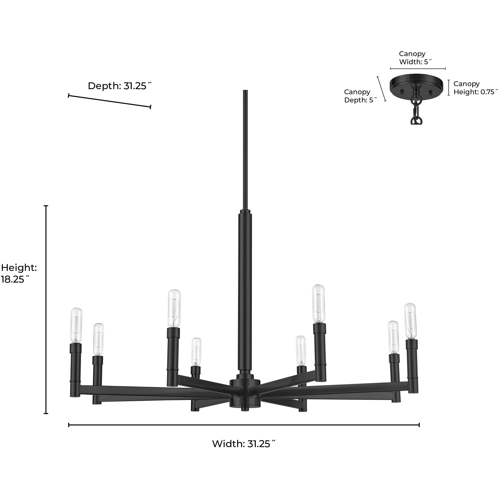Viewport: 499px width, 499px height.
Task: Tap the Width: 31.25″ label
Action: point(243,444)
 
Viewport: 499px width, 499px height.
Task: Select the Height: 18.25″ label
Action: point(19,273)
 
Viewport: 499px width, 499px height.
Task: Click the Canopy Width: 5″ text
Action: point(415,58)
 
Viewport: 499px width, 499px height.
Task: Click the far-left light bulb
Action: point(76,326)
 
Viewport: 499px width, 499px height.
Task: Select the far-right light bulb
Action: point(410,321)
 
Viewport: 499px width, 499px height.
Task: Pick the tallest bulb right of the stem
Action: point(318,303)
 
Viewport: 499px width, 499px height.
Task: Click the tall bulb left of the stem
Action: point(174,308)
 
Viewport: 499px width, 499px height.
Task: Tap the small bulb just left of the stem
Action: point(196,352)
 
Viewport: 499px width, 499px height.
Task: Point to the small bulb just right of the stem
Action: point(300,350)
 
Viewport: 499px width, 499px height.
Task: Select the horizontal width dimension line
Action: point(243,425)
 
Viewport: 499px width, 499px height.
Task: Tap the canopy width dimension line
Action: point(418,69)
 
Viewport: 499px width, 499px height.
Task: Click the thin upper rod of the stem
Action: point(245,150)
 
